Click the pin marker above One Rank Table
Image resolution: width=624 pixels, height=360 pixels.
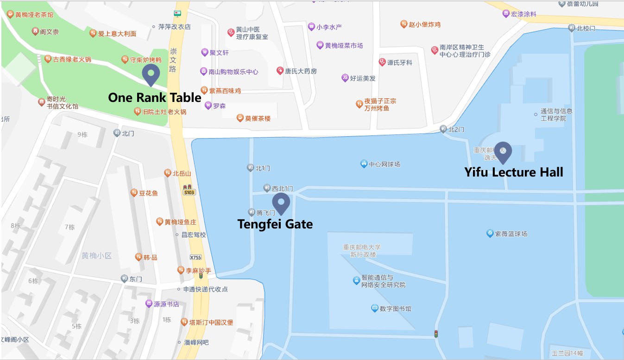tap(151, 74)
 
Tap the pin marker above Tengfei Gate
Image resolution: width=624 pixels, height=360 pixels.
tap(281, 203)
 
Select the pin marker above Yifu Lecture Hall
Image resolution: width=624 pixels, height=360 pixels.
tap(503, 152)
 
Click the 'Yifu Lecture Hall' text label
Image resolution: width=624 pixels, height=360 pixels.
tap(514, 172)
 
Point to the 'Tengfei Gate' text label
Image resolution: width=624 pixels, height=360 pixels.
tap(275, 224)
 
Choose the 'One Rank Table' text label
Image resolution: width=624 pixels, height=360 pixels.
tap(155, 98)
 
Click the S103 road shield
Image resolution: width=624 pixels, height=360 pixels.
tap(188, 192)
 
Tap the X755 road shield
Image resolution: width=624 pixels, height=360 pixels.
tap(196, 258)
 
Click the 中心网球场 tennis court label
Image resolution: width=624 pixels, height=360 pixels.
tap(384, 164)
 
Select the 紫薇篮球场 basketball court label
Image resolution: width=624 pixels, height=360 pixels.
tap(511, 234)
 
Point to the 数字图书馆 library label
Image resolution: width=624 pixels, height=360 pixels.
tap(395, 309)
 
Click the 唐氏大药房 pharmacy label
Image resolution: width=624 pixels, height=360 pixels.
tap(301, 71)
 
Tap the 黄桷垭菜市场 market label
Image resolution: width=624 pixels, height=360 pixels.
tap(343, 45)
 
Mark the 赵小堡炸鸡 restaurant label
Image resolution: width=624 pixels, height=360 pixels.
tap(424, 25)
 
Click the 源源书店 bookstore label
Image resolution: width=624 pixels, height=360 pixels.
tap(166, 304)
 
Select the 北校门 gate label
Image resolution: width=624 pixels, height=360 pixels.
tap(586, 29)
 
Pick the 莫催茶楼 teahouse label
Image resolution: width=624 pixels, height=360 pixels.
tap(258, 118)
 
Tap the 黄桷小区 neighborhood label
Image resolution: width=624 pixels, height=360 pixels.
tap(97, 256)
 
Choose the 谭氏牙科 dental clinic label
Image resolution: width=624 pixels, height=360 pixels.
tap(399, 63)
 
